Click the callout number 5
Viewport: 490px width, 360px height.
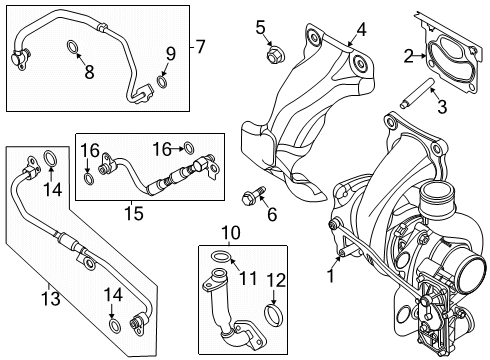pos(260,27)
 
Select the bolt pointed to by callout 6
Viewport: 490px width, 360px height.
pos(252,196)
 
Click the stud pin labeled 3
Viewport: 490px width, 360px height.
pos(415,92)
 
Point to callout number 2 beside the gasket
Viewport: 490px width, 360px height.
pos(409,56)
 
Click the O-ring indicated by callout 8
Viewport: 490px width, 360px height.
pos(73,47)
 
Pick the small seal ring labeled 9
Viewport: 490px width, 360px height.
pos(162,82)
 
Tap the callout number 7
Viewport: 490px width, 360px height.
pos(200,47)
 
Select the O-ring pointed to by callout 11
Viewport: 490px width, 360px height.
pos(220,256)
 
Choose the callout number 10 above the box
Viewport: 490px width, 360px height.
pos(231,232)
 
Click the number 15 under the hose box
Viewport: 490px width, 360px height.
pos(134,213)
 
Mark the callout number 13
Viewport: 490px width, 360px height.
pos(51,298)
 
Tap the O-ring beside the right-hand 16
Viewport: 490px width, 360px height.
pos(189,148)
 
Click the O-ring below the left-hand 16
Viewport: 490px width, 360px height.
pos(88,179)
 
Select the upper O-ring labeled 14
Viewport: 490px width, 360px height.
pos(50,158)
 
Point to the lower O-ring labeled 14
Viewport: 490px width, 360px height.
pos(114,326)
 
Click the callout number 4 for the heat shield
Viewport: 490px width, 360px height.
pos(361,30)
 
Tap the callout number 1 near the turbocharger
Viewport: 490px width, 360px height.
pos(331,276)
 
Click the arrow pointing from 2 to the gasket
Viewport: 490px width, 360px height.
pos(421,56)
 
